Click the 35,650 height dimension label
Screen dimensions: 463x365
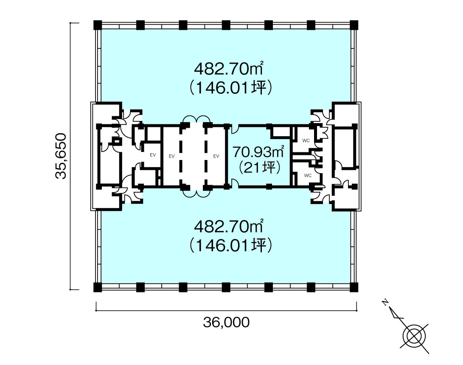click(x=61, y=156)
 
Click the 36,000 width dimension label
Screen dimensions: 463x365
click(x=226, y=322)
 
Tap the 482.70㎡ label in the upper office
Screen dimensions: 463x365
click(x=229, y=69)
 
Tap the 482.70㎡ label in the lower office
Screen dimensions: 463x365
click(x=229, y=227)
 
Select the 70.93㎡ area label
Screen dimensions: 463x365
click(x=258, y=152)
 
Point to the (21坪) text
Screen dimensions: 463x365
click(x=259, y=168)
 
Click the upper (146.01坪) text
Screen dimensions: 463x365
click(x=230, y=88)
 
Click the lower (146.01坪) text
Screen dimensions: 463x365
click(x=230, y=245)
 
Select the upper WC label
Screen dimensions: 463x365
click(x=306, y=140)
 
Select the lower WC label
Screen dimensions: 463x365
click(x=308, y=175)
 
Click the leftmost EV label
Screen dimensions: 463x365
click(x=153, y=155)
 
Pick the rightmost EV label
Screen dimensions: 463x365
click(x=216, y=156)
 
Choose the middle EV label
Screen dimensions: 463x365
click(x=171, y=156)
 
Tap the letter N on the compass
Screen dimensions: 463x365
click(x=385, y=302)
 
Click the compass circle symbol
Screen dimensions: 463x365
click(x=414, y=336)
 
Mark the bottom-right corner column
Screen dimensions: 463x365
click(x=354, y=287)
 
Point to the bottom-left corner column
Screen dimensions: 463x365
click(x=98, y=287)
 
